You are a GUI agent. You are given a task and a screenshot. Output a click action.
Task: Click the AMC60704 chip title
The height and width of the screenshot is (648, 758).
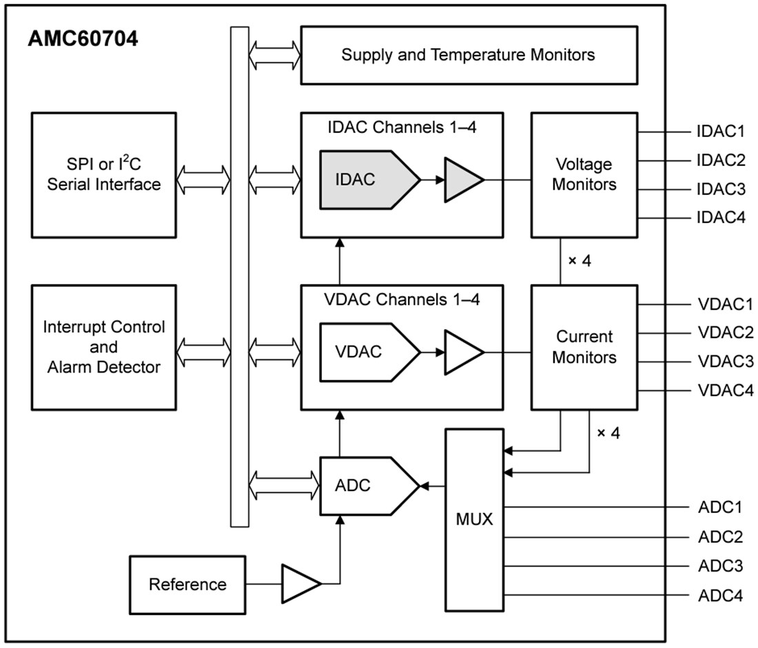pos(83,39)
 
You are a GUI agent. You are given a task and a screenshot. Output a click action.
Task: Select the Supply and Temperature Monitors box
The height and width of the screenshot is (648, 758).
pos(468,55)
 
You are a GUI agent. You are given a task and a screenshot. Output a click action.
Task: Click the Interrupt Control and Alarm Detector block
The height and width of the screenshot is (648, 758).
pos(103,346)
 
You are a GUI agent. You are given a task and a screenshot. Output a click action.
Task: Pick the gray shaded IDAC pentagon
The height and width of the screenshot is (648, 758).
pos(365,180)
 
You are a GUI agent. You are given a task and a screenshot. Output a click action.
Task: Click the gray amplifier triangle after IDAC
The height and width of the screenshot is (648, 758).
pos(462,180)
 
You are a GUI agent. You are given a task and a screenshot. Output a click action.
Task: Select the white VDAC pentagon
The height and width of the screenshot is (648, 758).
pos(365,351)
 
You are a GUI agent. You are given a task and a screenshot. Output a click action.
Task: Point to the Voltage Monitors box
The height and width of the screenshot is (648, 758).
pos(584,175)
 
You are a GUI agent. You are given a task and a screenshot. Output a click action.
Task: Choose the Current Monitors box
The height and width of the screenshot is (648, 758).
pos(584,347)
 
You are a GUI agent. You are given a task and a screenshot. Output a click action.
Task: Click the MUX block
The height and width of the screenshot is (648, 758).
pos(474,519)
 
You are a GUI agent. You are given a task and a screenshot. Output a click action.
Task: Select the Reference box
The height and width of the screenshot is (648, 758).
pos(187,585)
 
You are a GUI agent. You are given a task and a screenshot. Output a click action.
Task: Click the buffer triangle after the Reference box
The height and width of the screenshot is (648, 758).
pos(299,585)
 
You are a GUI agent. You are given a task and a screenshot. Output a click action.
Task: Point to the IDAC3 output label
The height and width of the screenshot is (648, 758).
pos(721,189)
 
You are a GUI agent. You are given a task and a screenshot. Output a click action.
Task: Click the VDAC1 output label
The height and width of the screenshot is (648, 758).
pos(721,304)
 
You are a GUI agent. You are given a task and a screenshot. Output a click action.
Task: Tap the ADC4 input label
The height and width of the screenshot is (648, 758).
pos(719,595)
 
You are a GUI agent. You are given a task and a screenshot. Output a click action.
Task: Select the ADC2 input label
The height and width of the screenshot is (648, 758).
pos(719,537)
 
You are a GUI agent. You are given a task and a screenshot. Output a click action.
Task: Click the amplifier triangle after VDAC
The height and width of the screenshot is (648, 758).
pos(462,351)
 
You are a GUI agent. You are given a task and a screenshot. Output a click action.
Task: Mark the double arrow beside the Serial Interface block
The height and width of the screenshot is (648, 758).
pos(203,180)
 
